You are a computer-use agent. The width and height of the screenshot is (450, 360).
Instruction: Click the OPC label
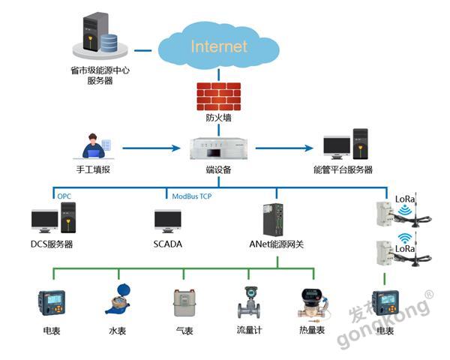64,196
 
